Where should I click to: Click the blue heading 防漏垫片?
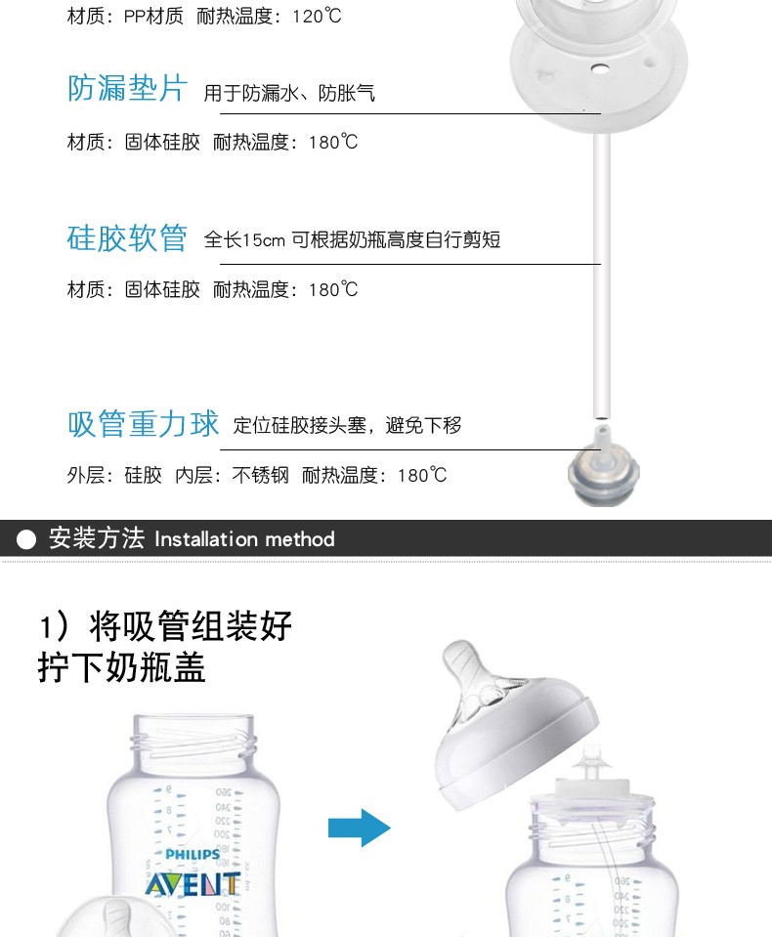click(x=127, y=89)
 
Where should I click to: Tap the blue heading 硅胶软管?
click(x=127, y=238)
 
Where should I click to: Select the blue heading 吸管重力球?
click(x=143, y=424)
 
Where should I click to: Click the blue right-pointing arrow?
click(x=359, y=828)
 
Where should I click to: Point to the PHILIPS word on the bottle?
click(x=193, y=855)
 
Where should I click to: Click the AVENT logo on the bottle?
click(x=193, y=884)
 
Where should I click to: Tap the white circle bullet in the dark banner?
click(x=26, y=539)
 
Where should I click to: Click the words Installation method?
click(x=244, y=539)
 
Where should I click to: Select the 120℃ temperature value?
click(x=317, y=17)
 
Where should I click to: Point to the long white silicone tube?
click(x=602, y=275)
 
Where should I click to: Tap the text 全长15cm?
click(x=244, y=240)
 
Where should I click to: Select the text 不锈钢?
click(x=260, y=476)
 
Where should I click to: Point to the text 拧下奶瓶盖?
click(x=122, y=667)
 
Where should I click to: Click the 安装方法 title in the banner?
click(x=97, y=538)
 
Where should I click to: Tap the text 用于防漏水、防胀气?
click(x=289, y=93)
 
